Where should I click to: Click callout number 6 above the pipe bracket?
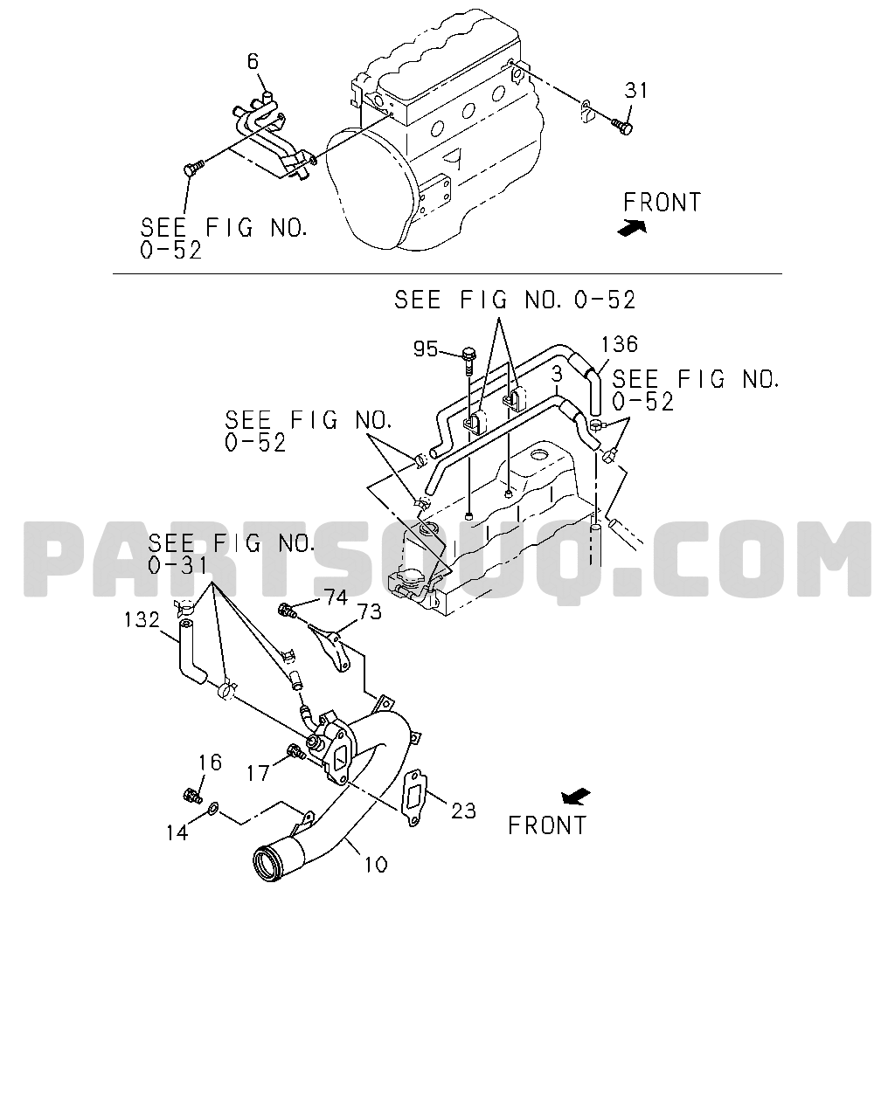pos(253,62)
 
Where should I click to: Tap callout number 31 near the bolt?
pos(636,90)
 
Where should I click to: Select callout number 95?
pos(426,349)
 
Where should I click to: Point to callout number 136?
pos(620,344)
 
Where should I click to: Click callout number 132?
pos(142,619)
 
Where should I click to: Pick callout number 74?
pos(336,597)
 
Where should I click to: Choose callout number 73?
pos(370,612)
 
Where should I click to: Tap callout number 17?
pos(258,773)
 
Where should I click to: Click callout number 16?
pos(210,763)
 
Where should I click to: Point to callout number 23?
pos(463,811)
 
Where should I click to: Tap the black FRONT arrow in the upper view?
pos(632,227)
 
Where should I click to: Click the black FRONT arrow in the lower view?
pos(576,797)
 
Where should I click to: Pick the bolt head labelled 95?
pos(468,355)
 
